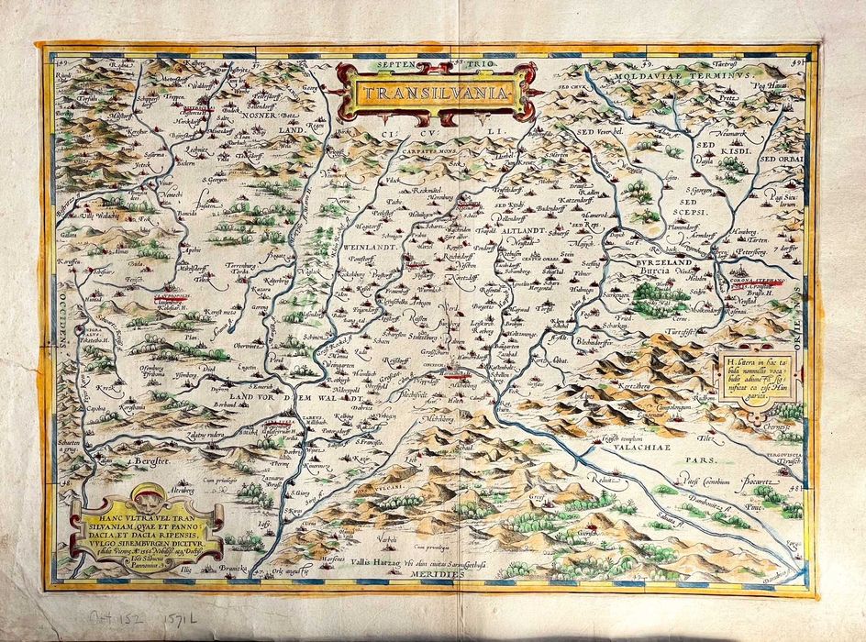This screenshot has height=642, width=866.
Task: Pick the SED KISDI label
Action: (x=734, y=149)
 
